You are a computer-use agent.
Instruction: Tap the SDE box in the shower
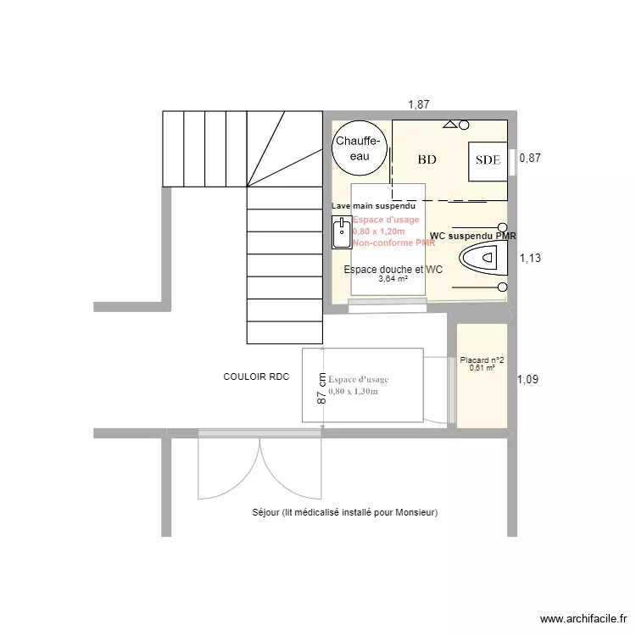tap(487, 159)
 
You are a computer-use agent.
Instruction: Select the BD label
tap(427, 159)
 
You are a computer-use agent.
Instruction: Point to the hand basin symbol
tap(341, 232)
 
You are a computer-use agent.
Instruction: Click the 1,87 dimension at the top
tap(418, 104)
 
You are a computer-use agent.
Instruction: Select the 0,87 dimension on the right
tap(530, 158)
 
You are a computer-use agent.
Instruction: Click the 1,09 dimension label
tap(527, 380)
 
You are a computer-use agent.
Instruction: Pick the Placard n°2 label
tap(482, 360)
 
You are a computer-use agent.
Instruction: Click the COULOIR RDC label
tap(256, 377)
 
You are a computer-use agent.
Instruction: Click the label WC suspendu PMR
tap(473, 236)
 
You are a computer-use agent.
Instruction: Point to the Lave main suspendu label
tap(373, 206)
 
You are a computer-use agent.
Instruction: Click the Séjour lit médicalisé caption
tap(344, 513)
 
